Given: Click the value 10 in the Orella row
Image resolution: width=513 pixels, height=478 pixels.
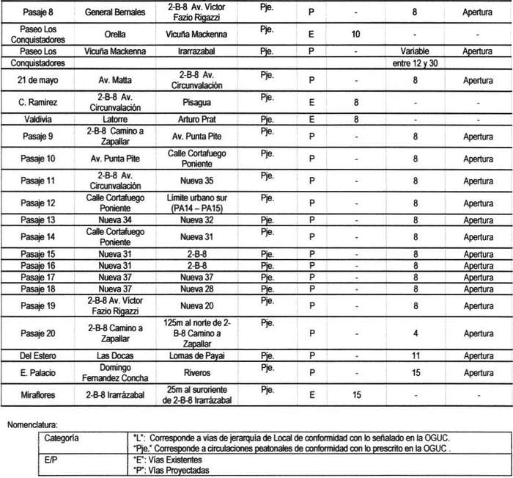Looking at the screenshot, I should tap(355, 35).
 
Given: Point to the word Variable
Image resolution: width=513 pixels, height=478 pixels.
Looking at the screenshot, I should tap(415, 51).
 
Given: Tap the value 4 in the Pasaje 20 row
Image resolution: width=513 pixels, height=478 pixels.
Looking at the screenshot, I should tap(415, 333).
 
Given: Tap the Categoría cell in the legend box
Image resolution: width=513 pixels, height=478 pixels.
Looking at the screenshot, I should tap(62, 438).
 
